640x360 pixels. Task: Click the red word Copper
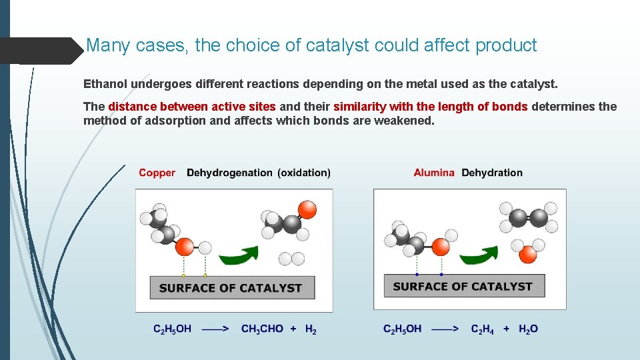point(157,173)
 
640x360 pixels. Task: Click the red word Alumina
point(433,173)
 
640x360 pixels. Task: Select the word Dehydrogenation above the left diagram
point(229,173)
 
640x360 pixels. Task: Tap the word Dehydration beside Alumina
point(492,173)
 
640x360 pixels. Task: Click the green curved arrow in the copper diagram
point(239,256)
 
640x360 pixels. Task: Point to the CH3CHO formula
point(262,329)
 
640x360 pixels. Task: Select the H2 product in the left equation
point(311,329)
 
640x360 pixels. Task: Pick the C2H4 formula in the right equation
point(483,329)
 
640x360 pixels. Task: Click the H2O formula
point(528,329)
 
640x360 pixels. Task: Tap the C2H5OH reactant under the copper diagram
point(172,329)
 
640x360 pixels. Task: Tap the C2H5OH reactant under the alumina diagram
point(402,329)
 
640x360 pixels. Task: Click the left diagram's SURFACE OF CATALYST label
point(231,288)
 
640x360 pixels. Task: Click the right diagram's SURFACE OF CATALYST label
point(463,287)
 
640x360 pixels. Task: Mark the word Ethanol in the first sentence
point(105,85)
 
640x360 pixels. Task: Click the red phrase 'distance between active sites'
point(192,107)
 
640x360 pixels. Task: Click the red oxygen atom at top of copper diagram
point(307,210)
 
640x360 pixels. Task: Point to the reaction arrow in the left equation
point(216,329)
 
